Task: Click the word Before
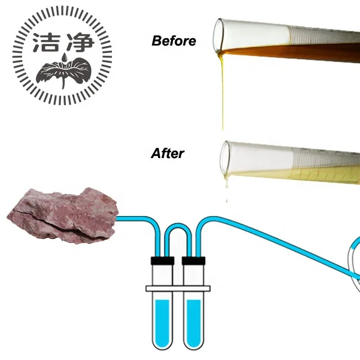click(174, 41)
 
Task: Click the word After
click(168, 153)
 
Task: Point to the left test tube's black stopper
click(161, 261)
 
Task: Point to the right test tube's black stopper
click(193, 261)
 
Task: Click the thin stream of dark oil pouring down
click(223, 96)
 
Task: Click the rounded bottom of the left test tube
click(161, 342)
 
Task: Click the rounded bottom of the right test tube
click(193, 342)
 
